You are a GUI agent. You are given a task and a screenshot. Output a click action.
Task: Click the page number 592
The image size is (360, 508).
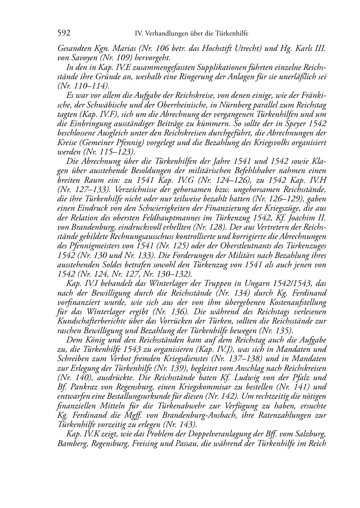tap(63, 34)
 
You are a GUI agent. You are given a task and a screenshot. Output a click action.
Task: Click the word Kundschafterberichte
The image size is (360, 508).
tap(91, 321)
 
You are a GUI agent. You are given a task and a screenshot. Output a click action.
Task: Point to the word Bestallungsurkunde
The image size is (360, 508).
tap(162, 396)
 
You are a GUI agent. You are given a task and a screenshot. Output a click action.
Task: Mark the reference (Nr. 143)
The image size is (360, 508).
tap(179, 425)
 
